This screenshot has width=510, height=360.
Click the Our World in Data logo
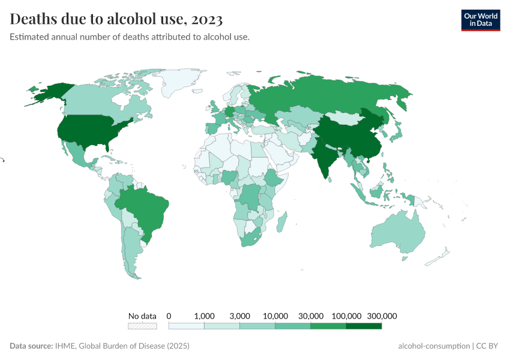point(480,20)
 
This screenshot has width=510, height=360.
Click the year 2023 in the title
point(208,19)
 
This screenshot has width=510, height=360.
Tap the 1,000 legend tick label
point(205,316)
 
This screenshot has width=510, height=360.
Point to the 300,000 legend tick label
point(382,316)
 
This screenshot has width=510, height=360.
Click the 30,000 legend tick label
point(311,316)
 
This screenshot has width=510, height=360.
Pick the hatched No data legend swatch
point(142,326)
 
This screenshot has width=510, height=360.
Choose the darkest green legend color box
point(364,326)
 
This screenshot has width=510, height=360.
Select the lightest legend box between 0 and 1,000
point(187,326)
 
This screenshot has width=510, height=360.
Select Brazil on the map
point(147,207)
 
